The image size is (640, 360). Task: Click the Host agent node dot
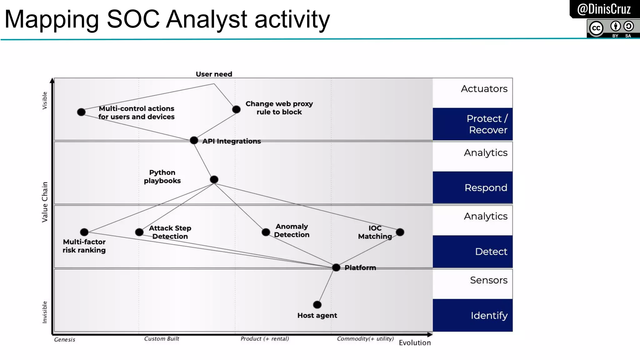tap(317, 304)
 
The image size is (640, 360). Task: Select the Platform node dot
tap(336, 267)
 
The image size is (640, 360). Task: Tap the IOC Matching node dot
tap(400, 232)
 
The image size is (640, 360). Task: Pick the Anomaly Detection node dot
tap(266, 232)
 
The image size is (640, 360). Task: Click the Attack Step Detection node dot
tap(139, 232)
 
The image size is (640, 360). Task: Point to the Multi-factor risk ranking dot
tap(84, 232)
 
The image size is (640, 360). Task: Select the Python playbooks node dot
tap(214, 180)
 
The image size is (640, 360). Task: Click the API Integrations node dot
tap(194, 140)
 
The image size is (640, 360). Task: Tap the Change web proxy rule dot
tap(236, 109)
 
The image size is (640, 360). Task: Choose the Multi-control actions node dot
tap(81, 112)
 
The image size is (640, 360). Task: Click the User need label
tap(214, 74)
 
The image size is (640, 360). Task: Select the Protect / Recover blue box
tap(472, 124)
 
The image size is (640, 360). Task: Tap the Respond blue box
tap(472, 187)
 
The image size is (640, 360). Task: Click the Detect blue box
tap(472, 251)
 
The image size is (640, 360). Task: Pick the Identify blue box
tap(472, 315)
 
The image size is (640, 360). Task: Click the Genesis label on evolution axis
tap(65, 339)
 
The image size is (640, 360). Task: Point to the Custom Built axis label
tap(162, 338)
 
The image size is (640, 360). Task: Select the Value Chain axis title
tap(45, 202)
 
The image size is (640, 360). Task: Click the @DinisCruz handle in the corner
tap(604, 9)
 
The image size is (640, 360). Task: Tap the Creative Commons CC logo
tap(596, 28)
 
